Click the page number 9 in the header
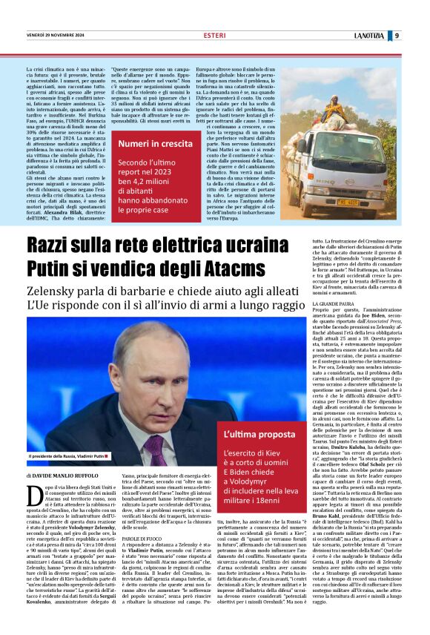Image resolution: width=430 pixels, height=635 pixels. [x=417, y=36]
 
